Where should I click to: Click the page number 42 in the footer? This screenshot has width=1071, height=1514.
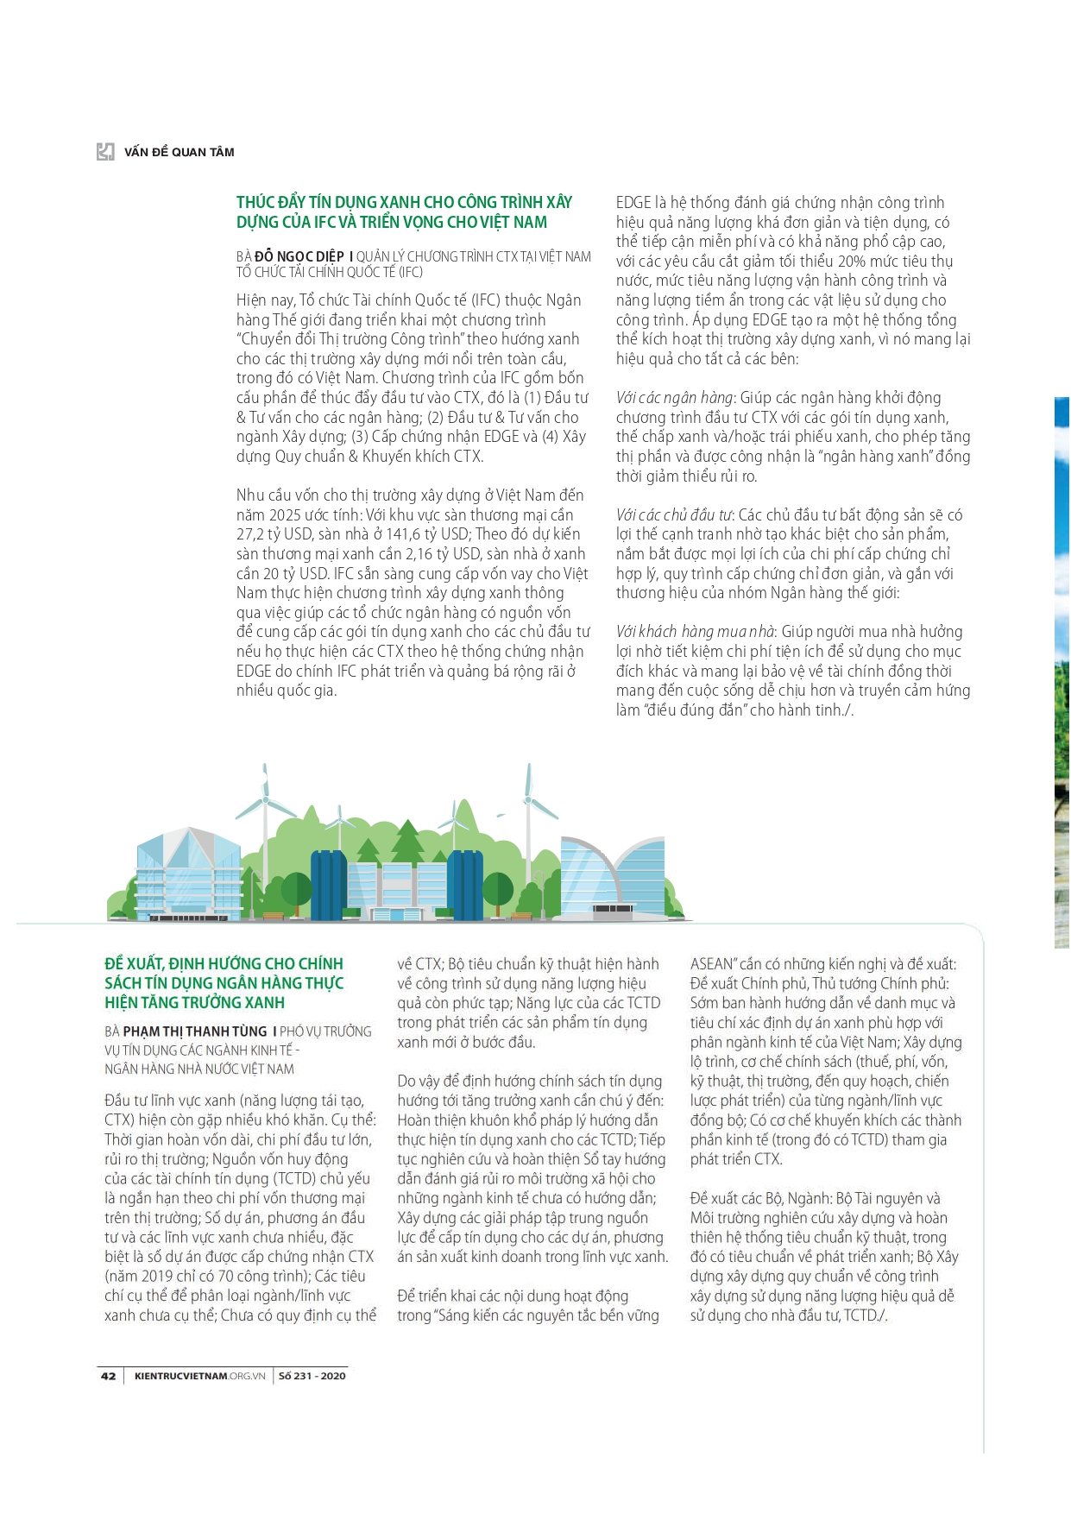click(108, 1376)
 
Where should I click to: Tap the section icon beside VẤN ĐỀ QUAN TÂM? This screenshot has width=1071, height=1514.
click(105, 152)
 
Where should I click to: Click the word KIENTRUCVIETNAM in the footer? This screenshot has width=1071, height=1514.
click(181, 1376)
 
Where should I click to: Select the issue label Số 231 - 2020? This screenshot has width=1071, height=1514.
click(312, 1376)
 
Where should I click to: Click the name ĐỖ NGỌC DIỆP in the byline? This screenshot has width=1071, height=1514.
click(299, 256)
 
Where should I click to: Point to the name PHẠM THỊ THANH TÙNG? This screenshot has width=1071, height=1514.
click(195, 1031)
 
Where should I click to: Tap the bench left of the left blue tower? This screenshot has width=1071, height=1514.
click(274, 916)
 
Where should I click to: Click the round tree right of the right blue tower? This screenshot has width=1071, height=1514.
click(498, 889)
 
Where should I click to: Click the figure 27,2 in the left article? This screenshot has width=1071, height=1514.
click(251, 534)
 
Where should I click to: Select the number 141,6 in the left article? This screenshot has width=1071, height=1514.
click(403, 534)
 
